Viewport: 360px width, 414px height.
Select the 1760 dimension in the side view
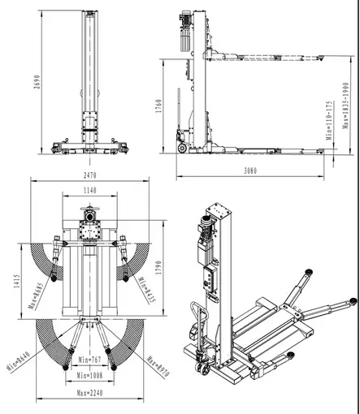click(x=160, y=106)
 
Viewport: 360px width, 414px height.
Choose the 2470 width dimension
click(x=89, y=175)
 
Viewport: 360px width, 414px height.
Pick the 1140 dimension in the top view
click(x=90, y=190)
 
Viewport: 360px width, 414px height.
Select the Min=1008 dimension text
click(x=90, y=376)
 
